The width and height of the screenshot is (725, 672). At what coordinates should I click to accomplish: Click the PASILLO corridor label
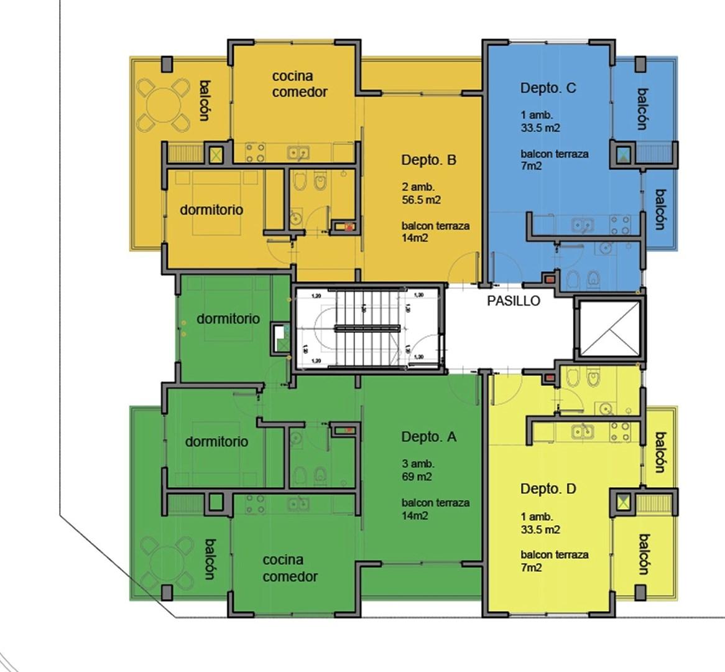tap(514, 301)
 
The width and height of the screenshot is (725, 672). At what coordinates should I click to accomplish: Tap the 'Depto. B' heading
tap(428, 160)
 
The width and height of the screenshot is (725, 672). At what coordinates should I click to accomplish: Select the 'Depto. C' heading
tap(548, 88)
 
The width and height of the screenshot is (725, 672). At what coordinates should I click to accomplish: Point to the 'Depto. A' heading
tap(428, 437)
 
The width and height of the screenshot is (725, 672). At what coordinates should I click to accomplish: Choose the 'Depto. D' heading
tap(548, 489)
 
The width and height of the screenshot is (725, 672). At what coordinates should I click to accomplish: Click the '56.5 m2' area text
tap(422, 200)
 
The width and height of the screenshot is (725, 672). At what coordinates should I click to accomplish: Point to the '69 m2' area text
tap(417, 477)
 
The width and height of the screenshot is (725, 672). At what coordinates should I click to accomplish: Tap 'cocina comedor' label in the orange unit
tap(300, 84)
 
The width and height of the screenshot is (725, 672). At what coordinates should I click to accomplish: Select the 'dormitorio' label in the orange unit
tap(211, 210)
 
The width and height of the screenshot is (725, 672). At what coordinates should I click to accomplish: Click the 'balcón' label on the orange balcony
tap(204, 100)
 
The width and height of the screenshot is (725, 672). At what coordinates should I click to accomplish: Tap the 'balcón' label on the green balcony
tap(210, 559)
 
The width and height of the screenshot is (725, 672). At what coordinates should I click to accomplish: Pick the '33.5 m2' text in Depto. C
tap(540, 128)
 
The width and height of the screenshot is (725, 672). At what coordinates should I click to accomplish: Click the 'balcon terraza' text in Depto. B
tap(435, 226)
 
